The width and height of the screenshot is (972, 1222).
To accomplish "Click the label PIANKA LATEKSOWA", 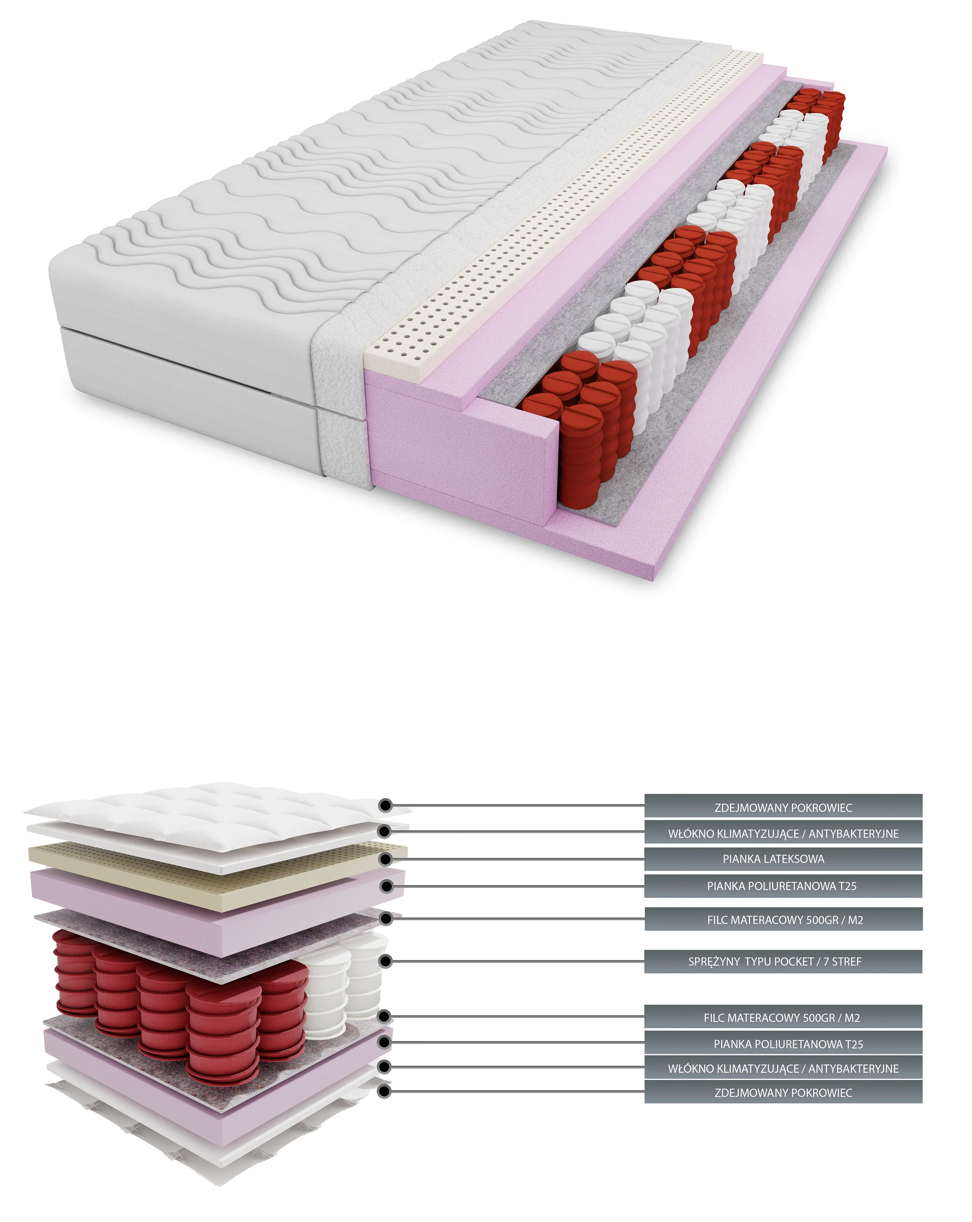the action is pos(773,859).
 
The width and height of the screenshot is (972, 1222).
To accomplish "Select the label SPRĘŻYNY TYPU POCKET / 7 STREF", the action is pos(774,961).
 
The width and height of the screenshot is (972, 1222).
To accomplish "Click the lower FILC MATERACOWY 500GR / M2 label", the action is pos(781,1018).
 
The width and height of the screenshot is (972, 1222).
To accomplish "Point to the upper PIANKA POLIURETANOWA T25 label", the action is pos(781,886).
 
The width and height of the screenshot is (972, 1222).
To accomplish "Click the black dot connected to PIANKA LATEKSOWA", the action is pos(385,859).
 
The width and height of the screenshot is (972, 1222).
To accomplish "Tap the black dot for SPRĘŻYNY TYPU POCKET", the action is pos(385,961).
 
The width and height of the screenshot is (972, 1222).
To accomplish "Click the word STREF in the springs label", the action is pos(847,961).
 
